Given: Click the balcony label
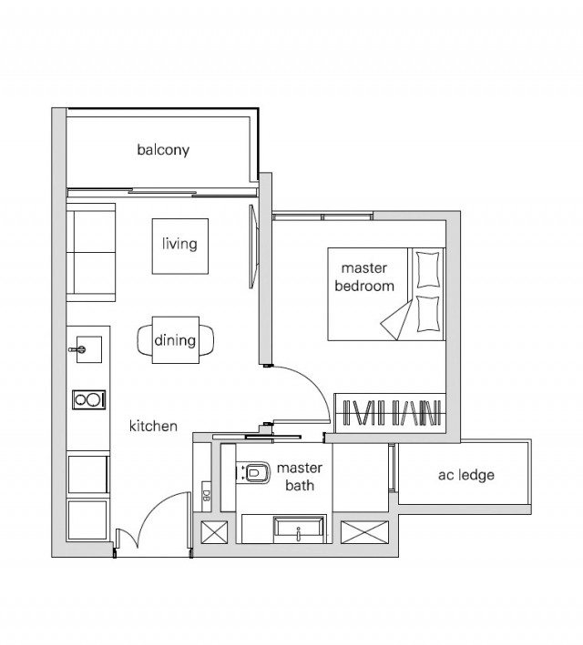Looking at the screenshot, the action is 163,150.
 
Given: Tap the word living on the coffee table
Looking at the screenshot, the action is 179,244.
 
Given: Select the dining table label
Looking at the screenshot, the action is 175,340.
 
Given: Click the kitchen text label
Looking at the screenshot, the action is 153,426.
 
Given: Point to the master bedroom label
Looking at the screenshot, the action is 364,277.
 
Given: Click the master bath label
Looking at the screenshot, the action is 300,477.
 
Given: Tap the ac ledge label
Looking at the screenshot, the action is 466,475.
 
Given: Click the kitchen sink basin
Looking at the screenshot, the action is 89,349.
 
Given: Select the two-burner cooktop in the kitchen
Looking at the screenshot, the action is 89,399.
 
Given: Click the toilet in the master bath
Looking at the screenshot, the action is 254,473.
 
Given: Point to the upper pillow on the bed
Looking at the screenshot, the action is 427,269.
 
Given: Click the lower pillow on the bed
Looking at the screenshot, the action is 427,314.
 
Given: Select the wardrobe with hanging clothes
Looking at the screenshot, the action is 390,413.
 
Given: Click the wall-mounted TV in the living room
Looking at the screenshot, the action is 253,247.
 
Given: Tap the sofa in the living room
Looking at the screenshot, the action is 91,252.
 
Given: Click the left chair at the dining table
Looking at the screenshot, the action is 145,339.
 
